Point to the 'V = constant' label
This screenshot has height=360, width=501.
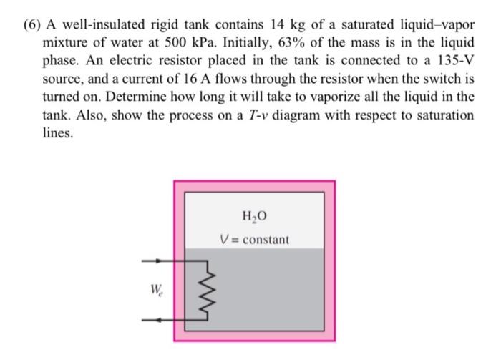click(254, 238)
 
